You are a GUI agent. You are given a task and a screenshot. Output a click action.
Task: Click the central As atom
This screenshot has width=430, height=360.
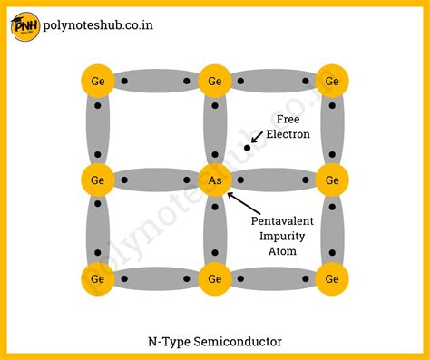coord(215,180)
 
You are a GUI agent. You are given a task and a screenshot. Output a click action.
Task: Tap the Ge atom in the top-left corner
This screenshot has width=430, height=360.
coord(97,82)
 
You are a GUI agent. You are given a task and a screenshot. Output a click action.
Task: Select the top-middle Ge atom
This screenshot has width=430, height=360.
coord(215,82)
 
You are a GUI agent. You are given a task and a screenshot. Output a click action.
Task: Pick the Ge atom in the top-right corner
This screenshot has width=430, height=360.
coord(332,82)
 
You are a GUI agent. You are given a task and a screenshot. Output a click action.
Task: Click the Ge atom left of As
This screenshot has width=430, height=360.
coord(97,180)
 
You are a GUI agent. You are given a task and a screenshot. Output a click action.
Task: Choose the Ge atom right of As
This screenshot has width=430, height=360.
coord(332,180)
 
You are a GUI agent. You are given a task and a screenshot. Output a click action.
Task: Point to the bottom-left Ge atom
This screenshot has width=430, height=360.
coord(97,278)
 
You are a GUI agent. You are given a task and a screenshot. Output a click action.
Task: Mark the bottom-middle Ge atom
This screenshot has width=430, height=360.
coord(215,278)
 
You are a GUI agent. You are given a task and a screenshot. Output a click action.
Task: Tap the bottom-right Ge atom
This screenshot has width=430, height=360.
coord(332,278)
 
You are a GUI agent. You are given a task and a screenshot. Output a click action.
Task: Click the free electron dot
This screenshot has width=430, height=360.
coord(246,147)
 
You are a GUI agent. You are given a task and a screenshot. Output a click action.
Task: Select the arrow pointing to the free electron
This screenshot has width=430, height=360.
coord(258,137)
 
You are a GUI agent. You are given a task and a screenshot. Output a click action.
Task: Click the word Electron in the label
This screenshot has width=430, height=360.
coord(288,134)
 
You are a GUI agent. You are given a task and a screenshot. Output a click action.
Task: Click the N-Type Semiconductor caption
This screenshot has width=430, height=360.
coord(215,342)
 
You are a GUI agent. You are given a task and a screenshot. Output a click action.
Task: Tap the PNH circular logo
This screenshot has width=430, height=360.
coord(24,24)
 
